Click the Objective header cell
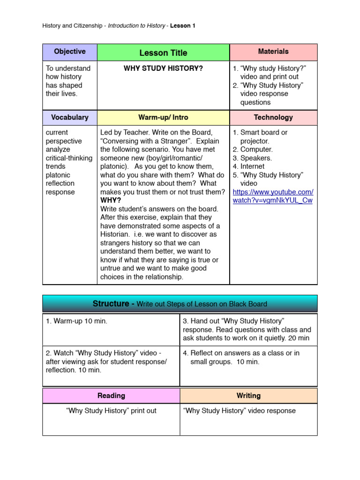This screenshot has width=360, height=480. tap(69, 52)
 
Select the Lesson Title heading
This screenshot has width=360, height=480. tap(163, 53)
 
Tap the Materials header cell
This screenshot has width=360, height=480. tap(273, 52)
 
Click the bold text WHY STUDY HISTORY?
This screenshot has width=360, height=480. tap(163, 68)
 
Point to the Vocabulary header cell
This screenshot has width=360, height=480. tap(69, 117)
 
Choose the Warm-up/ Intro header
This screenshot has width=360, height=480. tap(163, 117)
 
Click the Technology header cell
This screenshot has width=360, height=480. tap(273, 117)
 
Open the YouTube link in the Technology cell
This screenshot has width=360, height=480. tap(273, 196)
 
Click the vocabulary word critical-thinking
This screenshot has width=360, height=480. tap(69, 158)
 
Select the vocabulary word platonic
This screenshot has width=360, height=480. tap(58, 175)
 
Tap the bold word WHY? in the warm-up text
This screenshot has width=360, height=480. tap(111, 201)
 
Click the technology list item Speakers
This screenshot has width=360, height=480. tap(256, 158)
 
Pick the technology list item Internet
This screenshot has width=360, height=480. tap(252, 166)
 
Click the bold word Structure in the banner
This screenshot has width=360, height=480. tap(111, 304)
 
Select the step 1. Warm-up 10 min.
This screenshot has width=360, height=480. tap(76, 321)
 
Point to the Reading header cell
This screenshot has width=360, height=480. tap(111, 396)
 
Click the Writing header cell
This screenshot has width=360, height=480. tap(248, 396)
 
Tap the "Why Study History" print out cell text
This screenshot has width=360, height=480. tap(111, 411)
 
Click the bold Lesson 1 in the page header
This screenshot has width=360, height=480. tap(183, 26)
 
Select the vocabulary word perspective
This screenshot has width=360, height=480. tap(64, 141)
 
